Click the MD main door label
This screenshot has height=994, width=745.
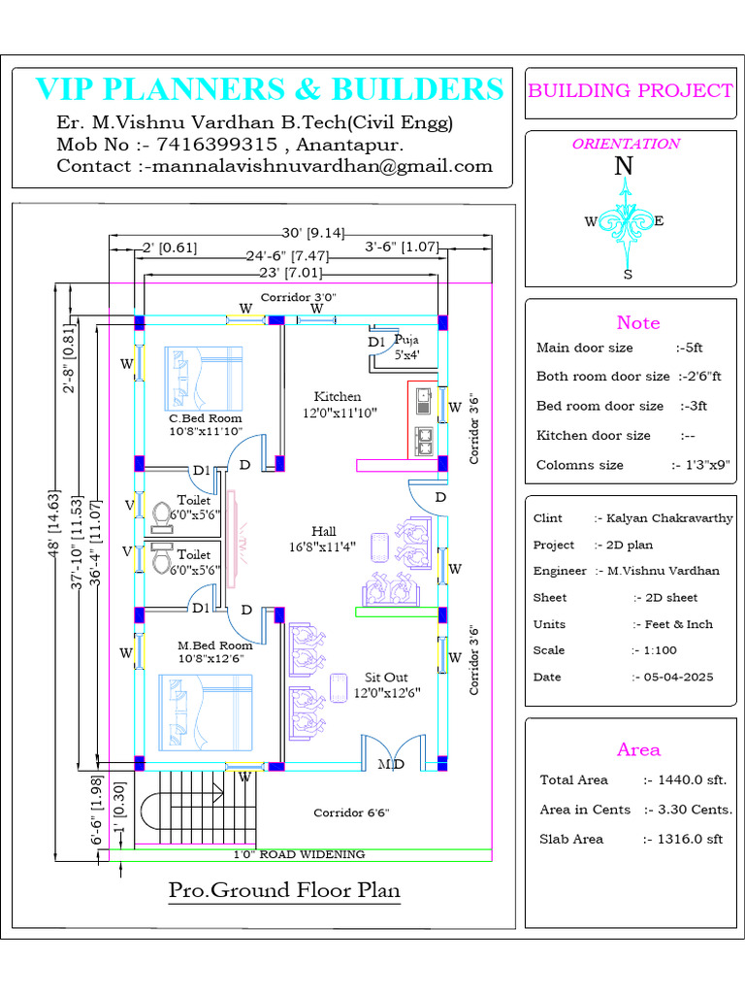[x=391, y=765]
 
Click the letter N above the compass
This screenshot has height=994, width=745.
[x=625, y=166]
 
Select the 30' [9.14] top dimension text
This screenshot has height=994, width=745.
[x=312, y=233]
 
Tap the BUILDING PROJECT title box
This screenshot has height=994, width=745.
[x=630, y=91]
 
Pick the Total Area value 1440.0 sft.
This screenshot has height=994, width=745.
[x=687, y=779]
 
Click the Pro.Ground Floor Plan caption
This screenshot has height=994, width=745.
[x=284, y=890]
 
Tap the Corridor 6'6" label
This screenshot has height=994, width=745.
[x=350, y=812]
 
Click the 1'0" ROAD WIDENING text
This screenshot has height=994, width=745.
[x=299, y=854]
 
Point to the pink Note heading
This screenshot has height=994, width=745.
[x=637, y=322]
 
